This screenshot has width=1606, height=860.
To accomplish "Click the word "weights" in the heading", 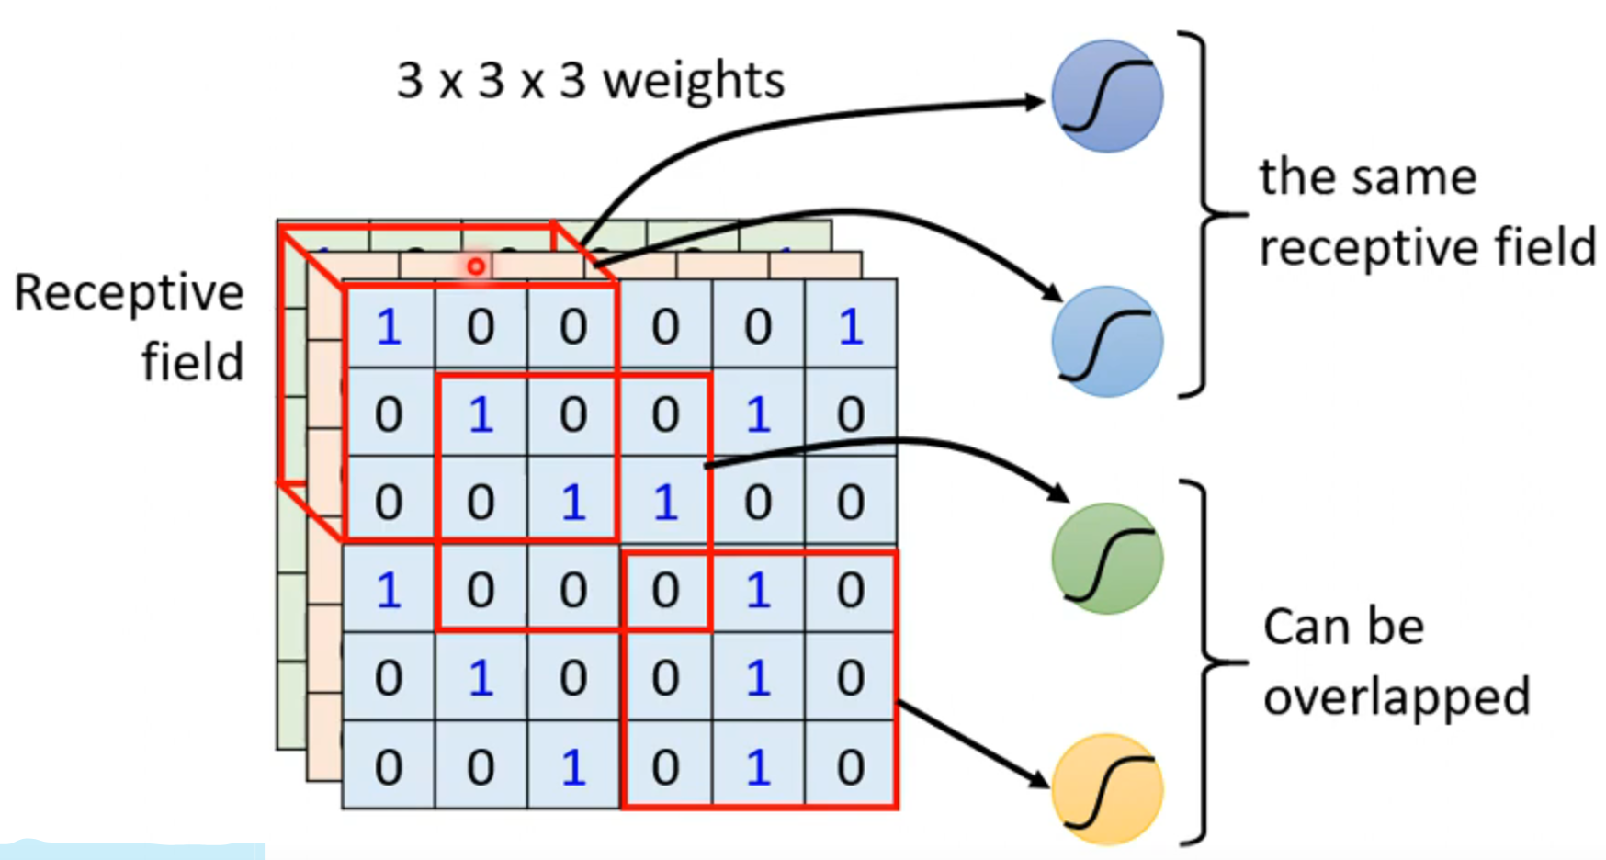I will click(x=694, y=82).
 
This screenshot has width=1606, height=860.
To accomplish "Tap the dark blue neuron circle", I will click(x=1107, y=96).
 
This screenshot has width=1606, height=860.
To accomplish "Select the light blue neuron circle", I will click(x=1107, y=342).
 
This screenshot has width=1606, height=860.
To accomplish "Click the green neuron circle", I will click(x=1107, y=559).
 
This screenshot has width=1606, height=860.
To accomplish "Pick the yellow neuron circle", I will click(x=1107, y=789).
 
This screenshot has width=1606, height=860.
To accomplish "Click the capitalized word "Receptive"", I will click(x=129, y=294).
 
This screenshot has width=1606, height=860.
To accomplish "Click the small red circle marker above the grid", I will click(x=476, y=266).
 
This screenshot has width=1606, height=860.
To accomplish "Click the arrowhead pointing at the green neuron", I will click(x=1059, y=493).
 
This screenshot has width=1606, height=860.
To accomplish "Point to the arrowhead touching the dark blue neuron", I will click(x=1035, y=101).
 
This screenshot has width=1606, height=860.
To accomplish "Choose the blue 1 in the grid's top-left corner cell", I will click(x=389, y=327).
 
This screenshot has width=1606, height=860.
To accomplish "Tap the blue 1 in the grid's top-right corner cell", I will click(x=851, y=327).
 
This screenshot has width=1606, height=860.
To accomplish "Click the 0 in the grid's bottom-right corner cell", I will click(x=851, y=767).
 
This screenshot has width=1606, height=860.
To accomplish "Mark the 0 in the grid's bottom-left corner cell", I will click(x=389, y=767).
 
